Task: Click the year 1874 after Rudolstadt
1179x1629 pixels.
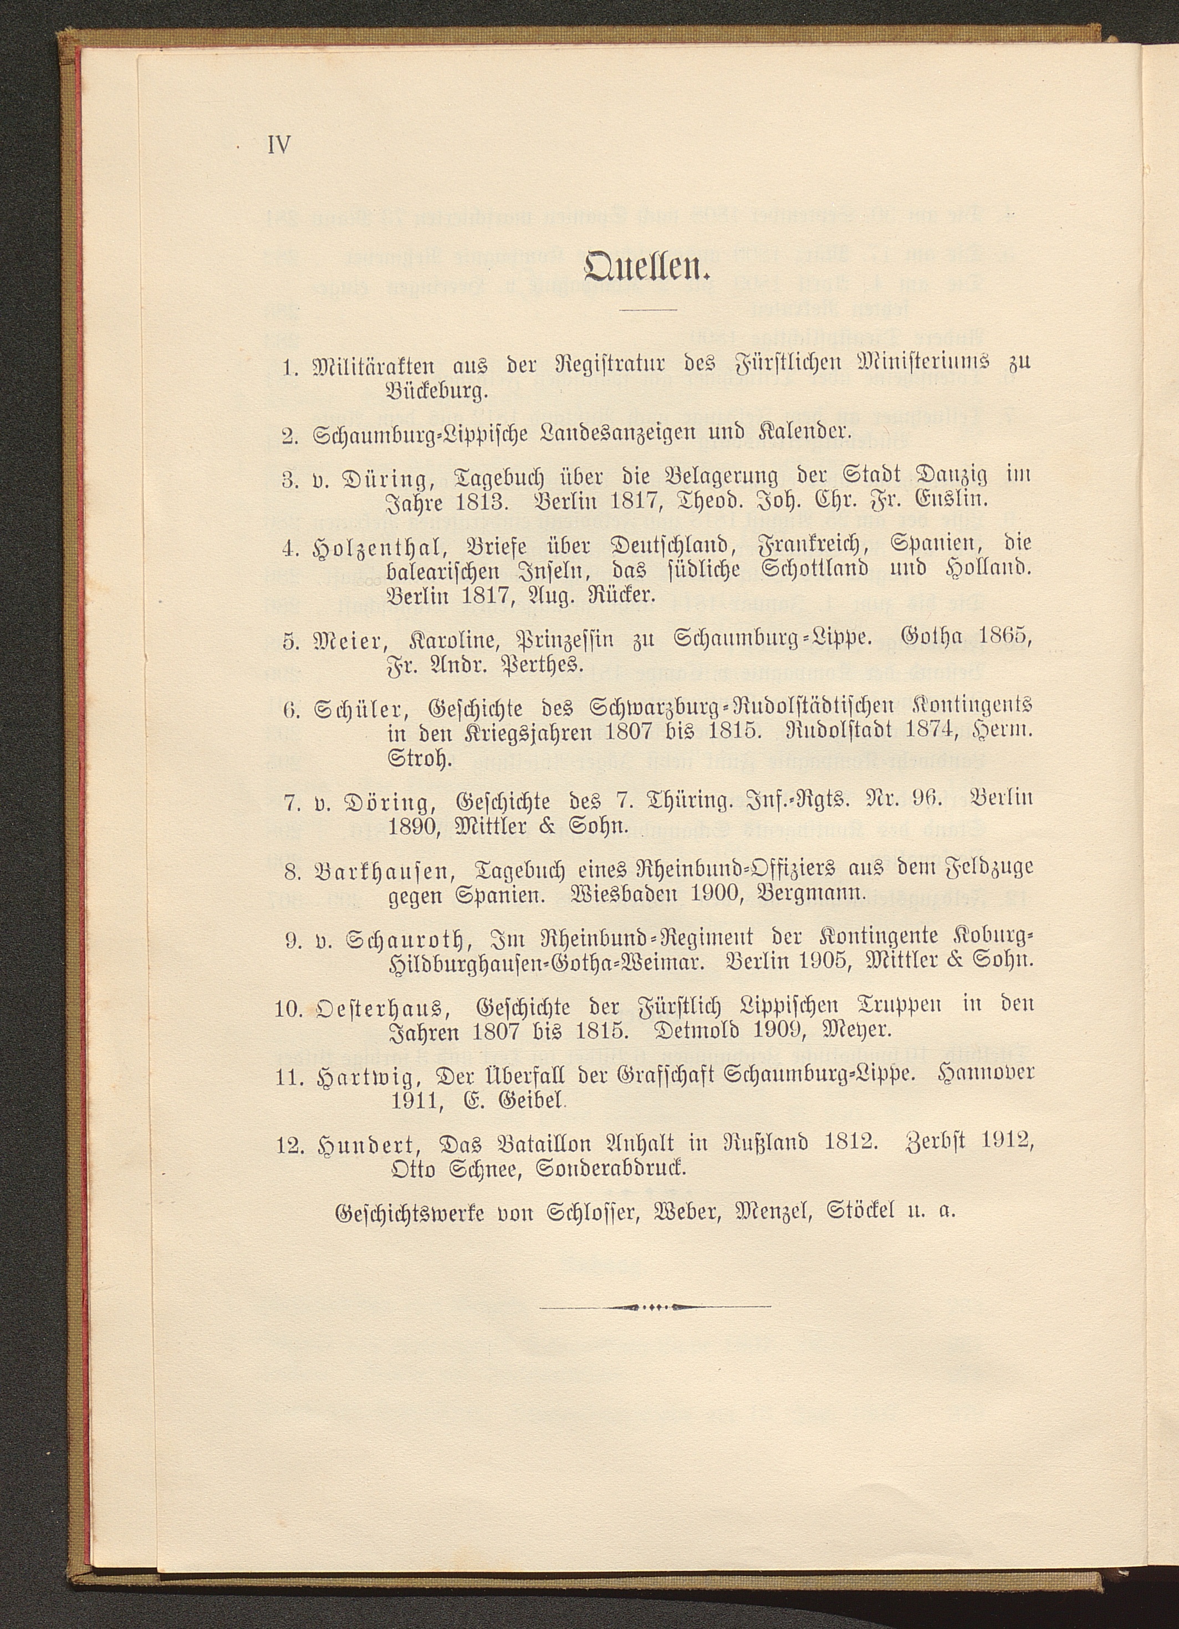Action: coord(926,731)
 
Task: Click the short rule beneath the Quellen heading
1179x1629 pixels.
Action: coord(649,309)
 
